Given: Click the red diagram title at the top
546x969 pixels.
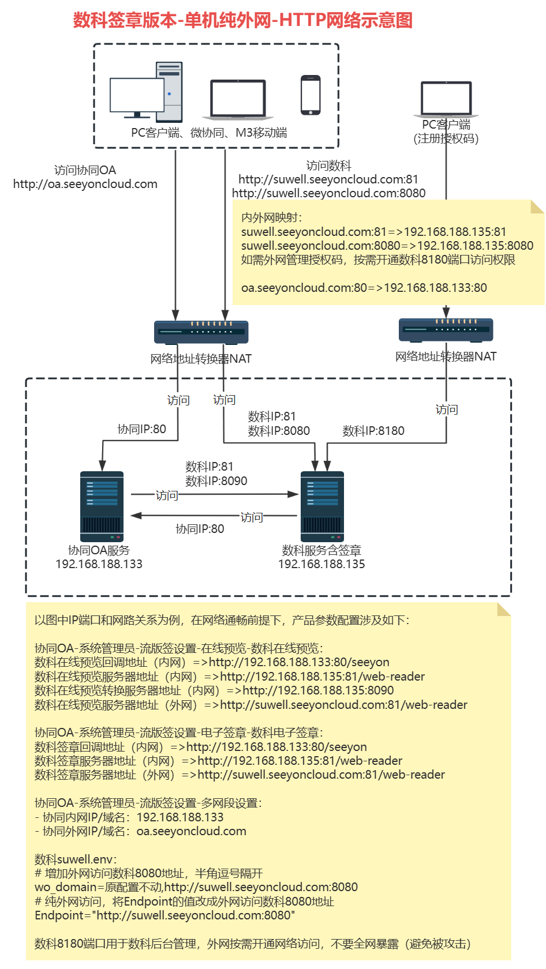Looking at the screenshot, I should click(x=242, y=21).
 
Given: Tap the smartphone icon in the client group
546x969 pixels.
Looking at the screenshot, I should click(x=311, y=95).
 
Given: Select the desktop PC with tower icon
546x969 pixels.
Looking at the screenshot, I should click(x=147, y=92).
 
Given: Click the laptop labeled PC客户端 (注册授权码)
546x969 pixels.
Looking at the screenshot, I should click(x=446, y=99).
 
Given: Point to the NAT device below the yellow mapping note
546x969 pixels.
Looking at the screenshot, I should click(x=446, y=330).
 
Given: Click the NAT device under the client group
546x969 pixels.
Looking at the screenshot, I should click(x=201, y=332).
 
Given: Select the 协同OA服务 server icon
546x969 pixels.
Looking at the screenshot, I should click(x=102, y=506).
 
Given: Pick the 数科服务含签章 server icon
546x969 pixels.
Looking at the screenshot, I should click(x=322, y=506).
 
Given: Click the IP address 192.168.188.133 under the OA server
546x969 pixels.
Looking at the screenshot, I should click(x=99, y=564).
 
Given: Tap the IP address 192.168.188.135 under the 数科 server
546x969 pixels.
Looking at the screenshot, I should click(x=321, y=564).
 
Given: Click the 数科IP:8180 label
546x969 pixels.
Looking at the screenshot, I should click(x=373, y=431).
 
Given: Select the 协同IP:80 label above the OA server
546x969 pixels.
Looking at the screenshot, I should click(x=141, y=429).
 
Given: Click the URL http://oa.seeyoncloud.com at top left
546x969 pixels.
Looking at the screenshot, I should click(x=85, y=184).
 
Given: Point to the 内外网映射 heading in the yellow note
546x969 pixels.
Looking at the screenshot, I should click(x=271, y=217).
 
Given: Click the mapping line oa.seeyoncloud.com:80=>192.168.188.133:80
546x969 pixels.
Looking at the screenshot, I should click(x=364, y=287).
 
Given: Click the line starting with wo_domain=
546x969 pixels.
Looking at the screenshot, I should click(x=196, y=887).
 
